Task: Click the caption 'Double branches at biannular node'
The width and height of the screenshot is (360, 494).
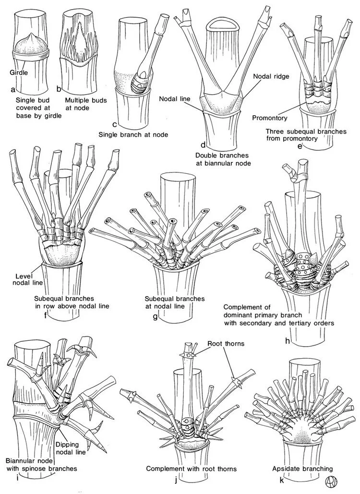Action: tap(224, 159)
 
